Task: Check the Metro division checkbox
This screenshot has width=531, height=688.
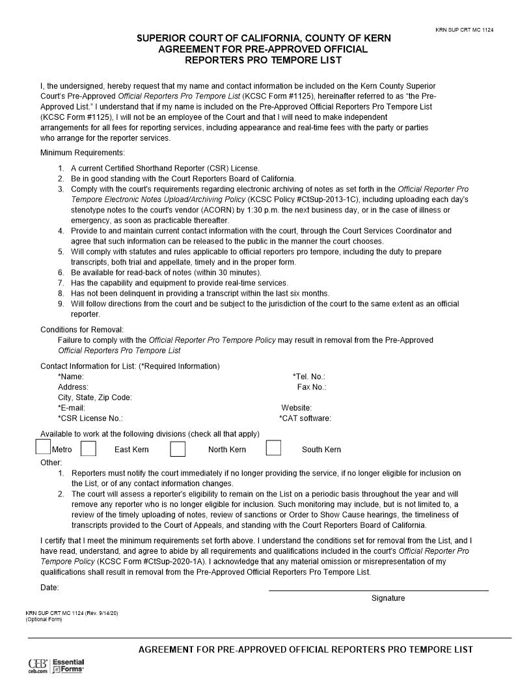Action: [43, 447]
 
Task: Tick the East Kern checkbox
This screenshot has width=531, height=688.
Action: [88, 449]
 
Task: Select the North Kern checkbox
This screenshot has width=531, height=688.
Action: [178, 449]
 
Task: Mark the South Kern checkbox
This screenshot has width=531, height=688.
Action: [273, 448]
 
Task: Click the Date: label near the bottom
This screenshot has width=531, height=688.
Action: [49, 588]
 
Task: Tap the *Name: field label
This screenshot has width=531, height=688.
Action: [71, 377]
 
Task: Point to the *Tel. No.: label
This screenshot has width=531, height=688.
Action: [308, 377]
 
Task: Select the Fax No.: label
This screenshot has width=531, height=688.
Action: [311, 387]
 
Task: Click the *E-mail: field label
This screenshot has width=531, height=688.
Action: [72, 408]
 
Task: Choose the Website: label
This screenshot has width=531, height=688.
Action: [296, 408]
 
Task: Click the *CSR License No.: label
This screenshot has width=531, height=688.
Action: [90, 418]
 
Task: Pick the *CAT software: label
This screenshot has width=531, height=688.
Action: [305, 418]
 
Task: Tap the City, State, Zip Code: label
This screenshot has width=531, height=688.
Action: [95, 397]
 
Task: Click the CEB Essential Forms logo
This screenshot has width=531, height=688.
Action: [56, 666]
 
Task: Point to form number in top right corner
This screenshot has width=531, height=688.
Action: [464, 30]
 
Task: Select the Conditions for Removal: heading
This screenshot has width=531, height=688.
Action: [82, 330]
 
